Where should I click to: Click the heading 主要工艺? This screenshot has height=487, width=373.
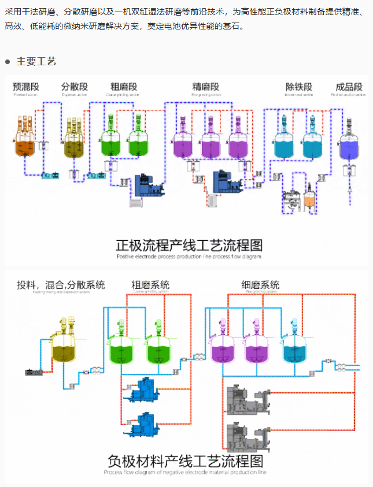click(x=36, y=61)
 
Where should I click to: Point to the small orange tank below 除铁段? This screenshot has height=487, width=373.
click(x=310, y=200)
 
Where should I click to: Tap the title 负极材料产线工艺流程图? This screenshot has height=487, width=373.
click(x=185, y=461)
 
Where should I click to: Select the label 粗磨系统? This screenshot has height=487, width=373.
click(x=150, y=285)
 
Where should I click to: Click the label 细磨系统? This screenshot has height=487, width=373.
click(x=260, y=285)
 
